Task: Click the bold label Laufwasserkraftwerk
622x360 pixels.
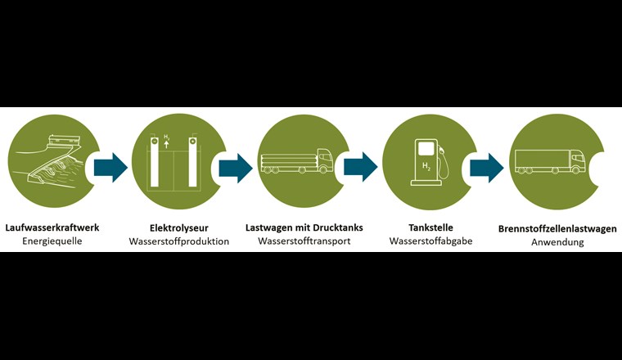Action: click(x=52, y=227)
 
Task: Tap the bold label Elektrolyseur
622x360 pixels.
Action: click(x=178, y=227)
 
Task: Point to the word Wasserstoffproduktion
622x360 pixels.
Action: click(x=178, y=242)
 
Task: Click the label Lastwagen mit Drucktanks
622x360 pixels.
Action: click(x=304, y=227)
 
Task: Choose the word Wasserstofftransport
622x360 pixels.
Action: click(x=304, y=241)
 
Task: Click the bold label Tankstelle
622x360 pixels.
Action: click(x=430, y=227)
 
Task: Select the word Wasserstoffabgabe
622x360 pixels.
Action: click(x=430, y=241)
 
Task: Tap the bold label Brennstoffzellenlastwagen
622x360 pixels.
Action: click(x=557, y=228)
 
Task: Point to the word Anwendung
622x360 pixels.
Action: click(x=557, y=243)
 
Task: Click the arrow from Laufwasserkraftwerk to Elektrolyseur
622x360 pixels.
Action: click(x=110, y=167)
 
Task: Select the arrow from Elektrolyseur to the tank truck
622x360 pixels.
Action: click(x=236, y=167)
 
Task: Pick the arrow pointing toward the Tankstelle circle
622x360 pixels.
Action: click(x=361, y=167)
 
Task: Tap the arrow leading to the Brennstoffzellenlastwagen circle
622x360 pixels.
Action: click(x=487, y=167)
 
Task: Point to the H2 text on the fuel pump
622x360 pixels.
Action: click(x=426, y=167)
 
